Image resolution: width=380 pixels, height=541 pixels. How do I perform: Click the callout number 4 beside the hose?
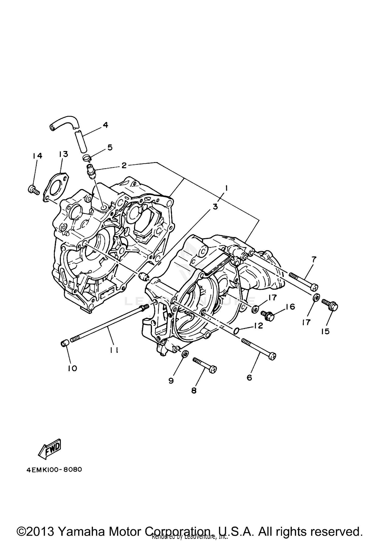click(x=105, y=125)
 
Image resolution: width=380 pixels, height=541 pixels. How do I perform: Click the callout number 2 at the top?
click(x=124, y=165)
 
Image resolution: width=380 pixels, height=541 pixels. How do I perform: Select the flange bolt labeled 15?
click(x=331, y=305)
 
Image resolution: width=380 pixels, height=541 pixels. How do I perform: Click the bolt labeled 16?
click(x=268, y=315)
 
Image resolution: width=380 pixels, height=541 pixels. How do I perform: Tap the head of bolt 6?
click(x=272, y=356)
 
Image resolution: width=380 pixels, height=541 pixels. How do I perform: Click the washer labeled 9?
click(x=185, y=354)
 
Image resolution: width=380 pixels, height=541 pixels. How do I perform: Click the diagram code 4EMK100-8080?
click(x=54, y=470)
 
